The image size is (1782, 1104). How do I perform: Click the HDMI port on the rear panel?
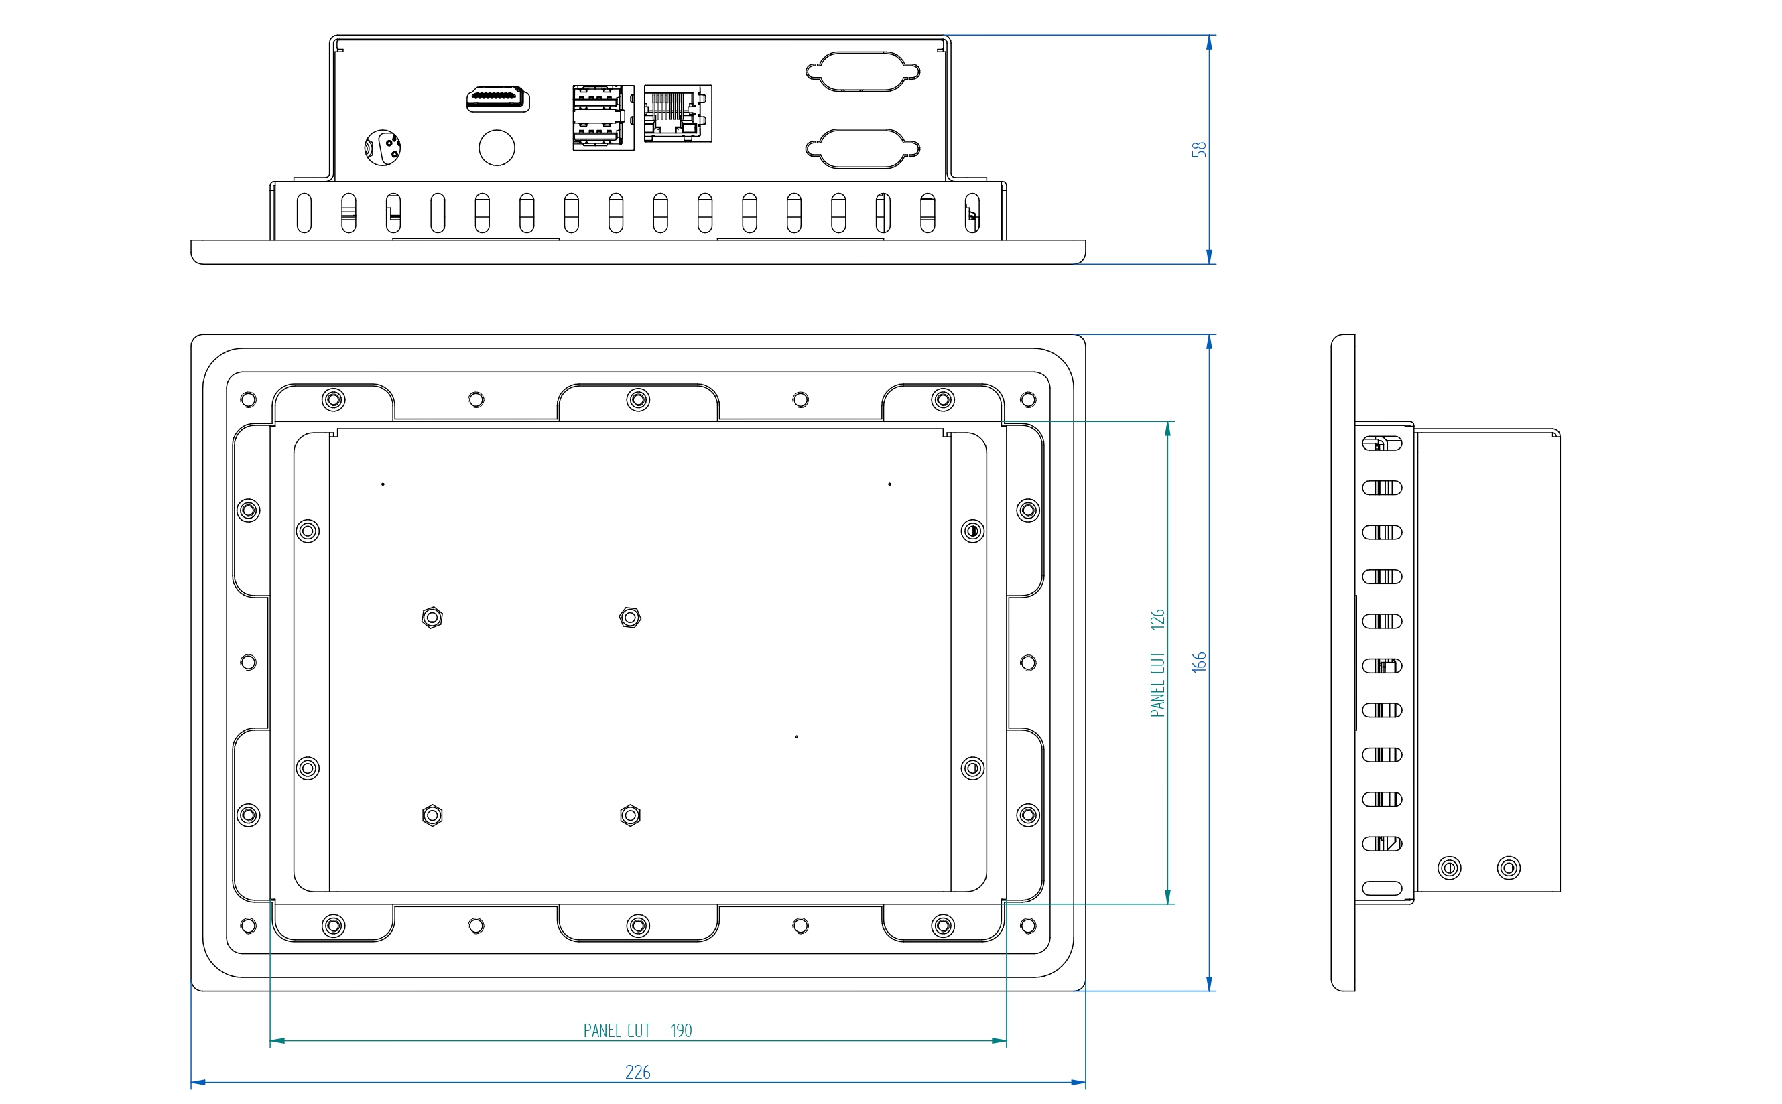pos(498,98)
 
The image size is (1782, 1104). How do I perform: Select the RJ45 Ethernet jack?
pos(677,113)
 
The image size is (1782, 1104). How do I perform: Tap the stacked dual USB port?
pos(602,117)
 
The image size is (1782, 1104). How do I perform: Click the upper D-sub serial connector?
pos(863,72)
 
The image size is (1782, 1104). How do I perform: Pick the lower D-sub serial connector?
pos(863,149)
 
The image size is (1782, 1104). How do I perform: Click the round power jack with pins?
pos(383,147)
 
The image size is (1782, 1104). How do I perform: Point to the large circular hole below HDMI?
pos(497,147)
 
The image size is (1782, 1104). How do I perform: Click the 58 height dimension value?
pos(1198,149)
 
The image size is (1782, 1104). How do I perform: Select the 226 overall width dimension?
pos(637,1072)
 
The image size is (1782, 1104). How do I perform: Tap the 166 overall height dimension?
pos(1198,661)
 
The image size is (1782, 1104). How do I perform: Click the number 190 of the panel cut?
pos(681,1030)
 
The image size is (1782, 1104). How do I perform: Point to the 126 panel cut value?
pos(1157,619)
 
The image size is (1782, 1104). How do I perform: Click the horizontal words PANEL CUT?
pos(617,1030)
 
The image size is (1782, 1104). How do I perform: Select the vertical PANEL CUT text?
pos(1157,684)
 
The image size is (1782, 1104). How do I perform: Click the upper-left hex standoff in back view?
pos(432,618)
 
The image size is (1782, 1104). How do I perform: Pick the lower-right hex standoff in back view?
pos(630,815)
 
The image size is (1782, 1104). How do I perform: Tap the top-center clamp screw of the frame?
pos(638,400)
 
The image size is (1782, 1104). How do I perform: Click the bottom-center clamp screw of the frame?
pos(638,926)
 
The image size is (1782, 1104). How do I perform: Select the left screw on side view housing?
pos(1449,868)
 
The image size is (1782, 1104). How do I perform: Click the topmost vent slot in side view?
pos(1382,443)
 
